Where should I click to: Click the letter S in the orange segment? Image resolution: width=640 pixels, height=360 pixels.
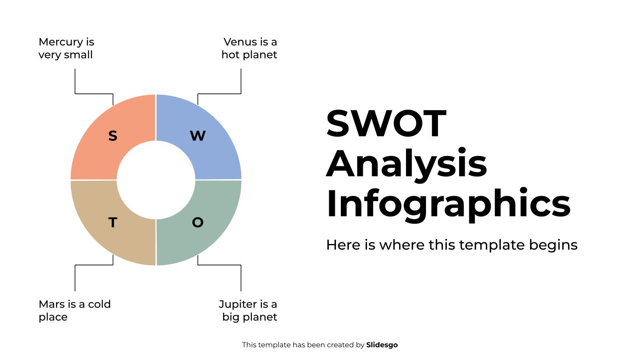[113, 136]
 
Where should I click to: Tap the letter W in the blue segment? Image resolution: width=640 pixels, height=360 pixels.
[198, 136]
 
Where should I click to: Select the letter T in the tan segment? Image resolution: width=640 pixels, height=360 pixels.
[113, 222]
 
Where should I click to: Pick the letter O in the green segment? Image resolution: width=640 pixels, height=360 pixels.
[198, 222]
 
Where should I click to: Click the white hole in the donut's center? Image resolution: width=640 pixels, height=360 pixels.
[156, 180]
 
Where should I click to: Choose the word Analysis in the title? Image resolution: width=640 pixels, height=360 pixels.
[407, 164]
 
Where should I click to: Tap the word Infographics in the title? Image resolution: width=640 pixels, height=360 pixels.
[448, 204]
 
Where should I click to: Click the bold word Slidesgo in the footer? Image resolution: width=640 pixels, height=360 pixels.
[382, 345]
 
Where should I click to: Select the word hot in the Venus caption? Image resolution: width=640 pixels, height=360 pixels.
[230, 55]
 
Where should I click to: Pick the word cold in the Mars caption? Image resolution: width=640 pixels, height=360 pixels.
[99, 304]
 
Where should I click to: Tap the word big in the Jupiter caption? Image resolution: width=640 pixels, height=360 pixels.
[231, 318]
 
